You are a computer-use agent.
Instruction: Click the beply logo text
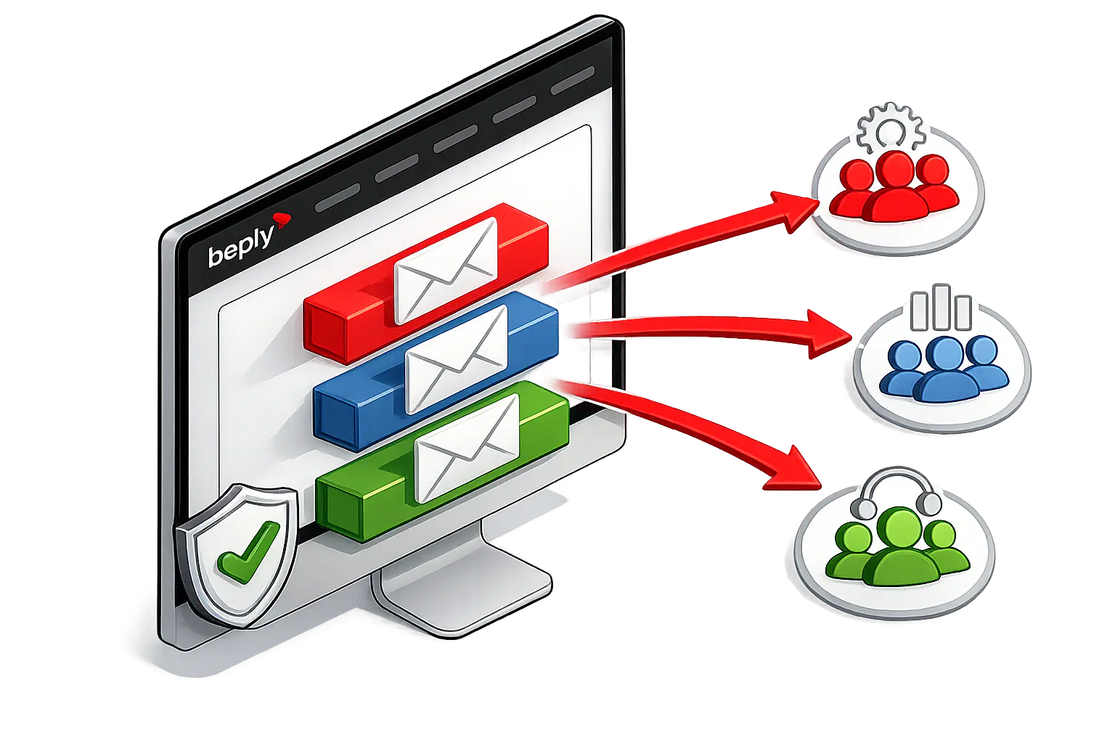click(240, 245)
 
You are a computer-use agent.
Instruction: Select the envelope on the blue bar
click(456, 359)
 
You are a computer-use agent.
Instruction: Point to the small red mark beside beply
click(281, 217)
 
